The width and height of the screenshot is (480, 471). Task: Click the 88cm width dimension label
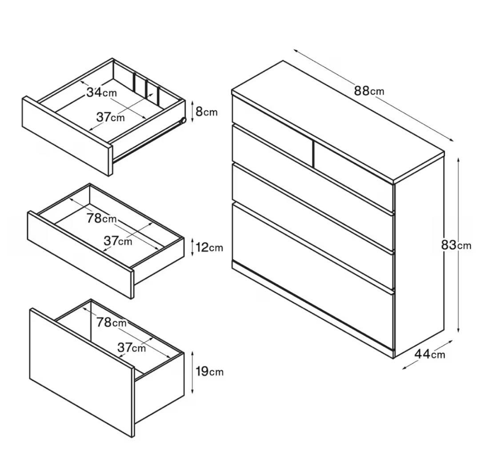369,91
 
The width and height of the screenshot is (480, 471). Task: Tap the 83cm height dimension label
456,245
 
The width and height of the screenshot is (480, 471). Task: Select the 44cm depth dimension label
429,354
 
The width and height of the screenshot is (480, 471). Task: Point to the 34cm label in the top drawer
101,92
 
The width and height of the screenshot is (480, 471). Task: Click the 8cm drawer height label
206,112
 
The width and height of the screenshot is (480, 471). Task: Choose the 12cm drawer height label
209,247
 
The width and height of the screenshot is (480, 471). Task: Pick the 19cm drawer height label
210,371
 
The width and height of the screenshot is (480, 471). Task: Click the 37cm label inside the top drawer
111,117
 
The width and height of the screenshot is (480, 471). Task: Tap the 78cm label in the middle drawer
101,218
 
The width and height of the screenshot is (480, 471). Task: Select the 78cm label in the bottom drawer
112,322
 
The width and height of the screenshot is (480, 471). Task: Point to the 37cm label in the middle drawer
118,241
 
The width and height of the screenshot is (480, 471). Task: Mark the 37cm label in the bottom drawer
132,348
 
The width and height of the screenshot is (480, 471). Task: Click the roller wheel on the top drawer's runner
183,120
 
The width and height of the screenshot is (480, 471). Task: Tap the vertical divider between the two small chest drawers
313,154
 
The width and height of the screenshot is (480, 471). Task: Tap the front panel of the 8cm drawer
68,136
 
